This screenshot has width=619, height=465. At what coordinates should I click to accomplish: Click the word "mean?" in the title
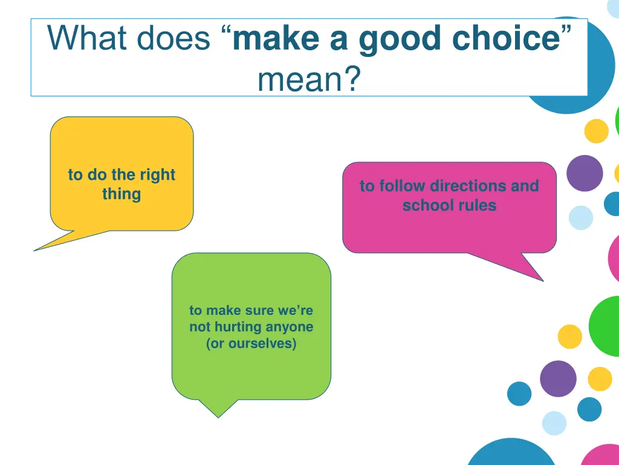pyautogui.click(x=308, y=79)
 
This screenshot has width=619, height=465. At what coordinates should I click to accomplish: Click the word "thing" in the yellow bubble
pyautogui.click(x=122, y=194)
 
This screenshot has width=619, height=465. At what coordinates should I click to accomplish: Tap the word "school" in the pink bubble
pyautogui.click(x=426, y=205)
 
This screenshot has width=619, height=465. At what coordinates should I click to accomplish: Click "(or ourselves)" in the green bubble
pyautogui.click(x=251, y=344)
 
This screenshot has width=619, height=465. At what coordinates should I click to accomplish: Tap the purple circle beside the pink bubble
pyautogui.click(x=585, y=173)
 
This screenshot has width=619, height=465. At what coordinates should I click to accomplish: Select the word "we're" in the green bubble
pyautogui.click(x=296, y=311)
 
